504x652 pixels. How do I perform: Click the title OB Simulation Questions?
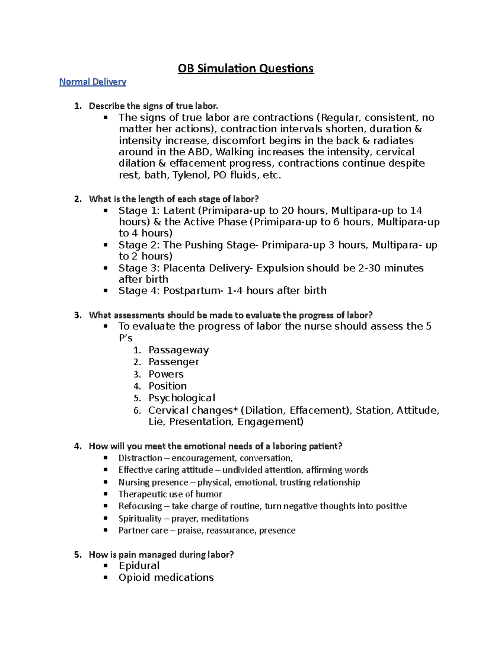(x=246, y=68)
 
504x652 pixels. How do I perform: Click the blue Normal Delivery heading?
(x=92, y=82)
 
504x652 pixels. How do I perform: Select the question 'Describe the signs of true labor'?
(x=153, y=106)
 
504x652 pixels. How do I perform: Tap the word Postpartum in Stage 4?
(x=191, y=291)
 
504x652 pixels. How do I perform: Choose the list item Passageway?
(x=178, y=350)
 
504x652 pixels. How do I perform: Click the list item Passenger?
(x=173, y=362)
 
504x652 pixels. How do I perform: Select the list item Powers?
(x=166, y=374)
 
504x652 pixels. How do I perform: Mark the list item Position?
(x=168, y=386)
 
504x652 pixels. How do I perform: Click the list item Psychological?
(x=181, y=398)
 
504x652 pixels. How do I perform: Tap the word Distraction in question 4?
(x=140, y=458)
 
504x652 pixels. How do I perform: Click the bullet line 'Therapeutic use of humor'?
(x=170, y=495)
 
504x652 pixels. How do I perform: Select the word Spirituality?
(x=140, y=519)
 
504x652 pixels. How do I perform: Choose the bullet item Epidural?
(x=139, y=566)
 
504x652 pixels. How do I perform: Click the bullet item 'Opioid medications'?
(x=166, y=578)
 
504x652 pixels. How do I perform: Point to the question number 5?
(x=77, y=555)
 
